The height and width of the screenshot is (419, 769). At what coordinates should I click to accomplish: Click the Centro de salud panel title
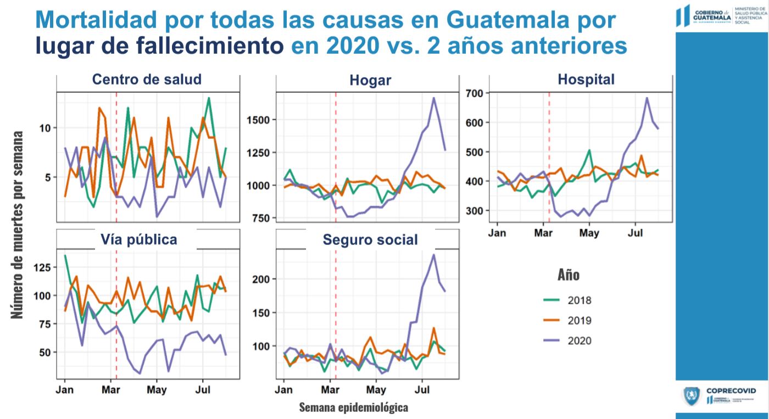[147, 80]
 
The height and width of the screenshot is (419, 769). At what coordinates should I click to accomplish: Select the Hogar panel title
[370, 81]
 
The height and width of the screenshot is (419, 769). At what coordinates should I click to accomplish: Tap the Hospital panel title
[586, 80]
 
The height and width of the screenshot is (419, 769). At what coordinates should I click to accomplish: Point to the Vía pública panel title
[138, 239]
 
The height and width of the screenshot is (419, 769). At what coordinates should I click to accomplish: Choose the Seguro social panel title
[370, 240]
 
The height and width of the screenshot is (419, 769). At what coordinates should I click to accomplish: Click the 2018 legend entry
[579, 300]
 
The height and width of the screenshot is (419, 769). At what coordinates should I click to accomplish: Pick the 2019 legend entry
[579, 321]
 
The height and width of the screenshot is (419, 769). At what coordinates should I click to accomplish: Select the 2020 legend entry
[579, 341]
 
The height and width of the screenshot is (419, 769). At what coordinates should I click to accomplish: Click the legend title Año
[568, 275]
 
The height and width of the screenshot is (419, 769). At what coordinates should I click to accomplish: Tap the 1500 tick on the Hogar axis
[258, 120]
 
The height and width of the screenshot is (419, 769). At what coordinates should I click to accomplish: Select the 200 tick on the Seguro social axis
[261, 280]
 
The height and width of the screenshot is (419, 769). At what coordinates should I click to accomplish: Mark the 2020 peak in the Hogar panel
[434, 98]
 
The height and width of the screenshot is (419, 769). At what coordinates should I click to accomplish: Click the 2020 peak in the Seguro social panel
[434, 255]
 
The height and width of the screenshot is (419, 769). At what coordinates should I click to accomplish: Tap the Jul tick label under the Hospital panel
[636, 233]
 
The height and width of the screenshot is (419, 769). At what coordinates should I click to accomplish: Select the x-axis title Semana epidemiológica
[353, 407]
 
